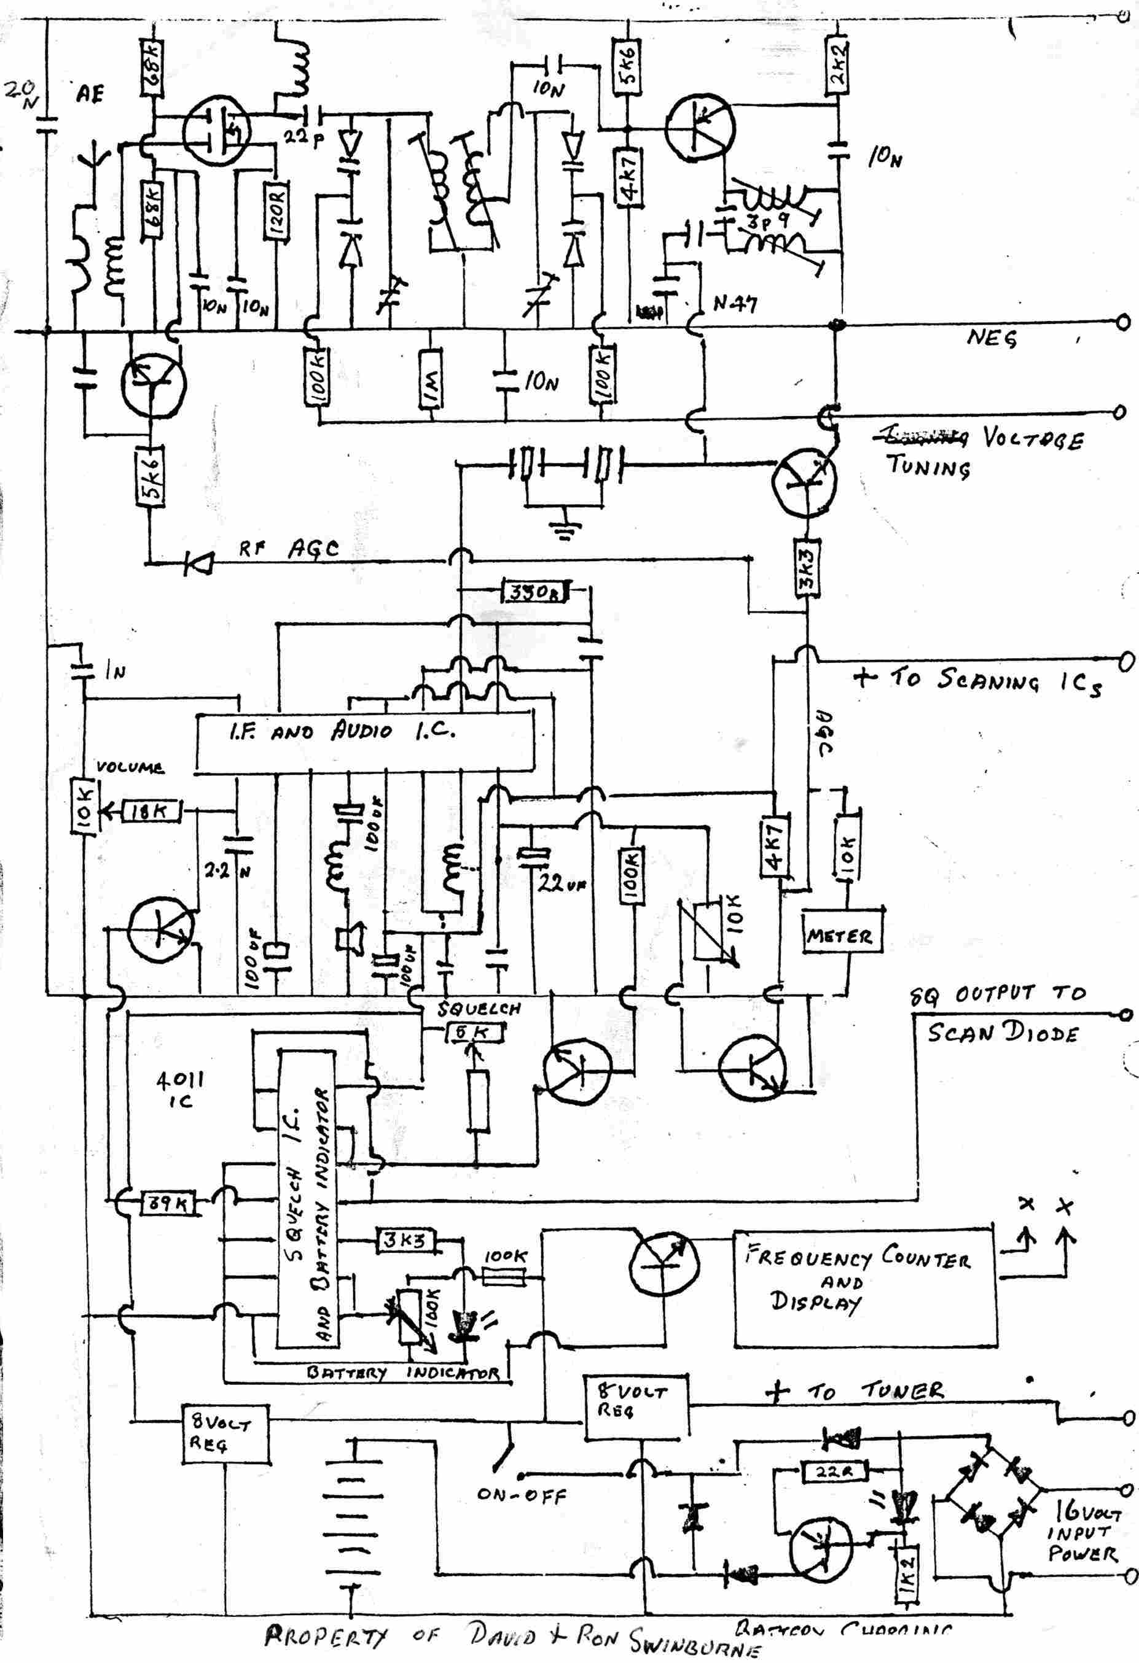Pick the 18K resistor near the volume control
pyautogui.click(x=152, y=811)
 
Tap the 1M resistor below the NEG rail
pyautogui.click(x=429, y=376)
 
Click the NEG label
pyautogui.click(x=992, y=336)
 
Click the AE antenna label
pyautogui.click(x=90, y=93)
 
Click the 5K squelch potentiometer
pyautogui.click(x=476, y=1033)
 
